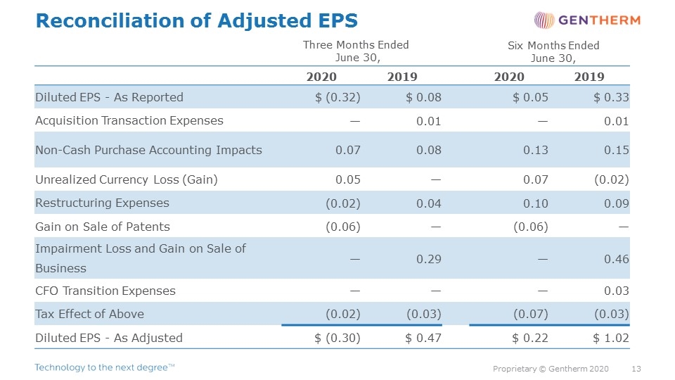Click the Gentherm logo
pos(587,20)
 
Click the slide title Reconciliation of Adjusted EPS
pos(197,20)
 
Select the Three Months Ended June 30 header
pos(356,51)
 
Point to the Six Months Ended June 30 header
pos(553,51)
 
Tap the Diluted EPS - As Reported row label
pos(110,97)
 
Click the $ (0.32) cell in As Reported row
pos(337,97)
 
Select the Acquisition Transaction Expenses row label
pos(129,120)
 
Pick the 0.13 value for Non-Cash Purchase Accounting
pos(536,150)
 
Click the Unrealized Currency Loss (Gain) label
pos(127,179)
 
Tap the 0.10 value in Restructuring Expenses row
pos(536,203)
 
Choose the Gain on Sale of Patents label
pos(103,227)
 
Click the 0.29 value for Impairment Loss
pos(429,259)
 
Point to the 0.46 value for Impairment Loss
pos(617,259)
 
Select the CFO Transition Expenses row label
pos(105,291)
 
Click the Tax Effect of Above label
pos(89,314)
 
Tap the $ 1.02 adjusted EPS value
pos(611,338)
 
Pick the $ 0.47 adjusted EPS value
pos(423,338)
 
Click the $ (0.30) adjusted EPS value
pos(337,338)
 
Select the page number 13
pos(636,369)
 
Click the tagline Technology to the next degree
pos(105,367)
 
